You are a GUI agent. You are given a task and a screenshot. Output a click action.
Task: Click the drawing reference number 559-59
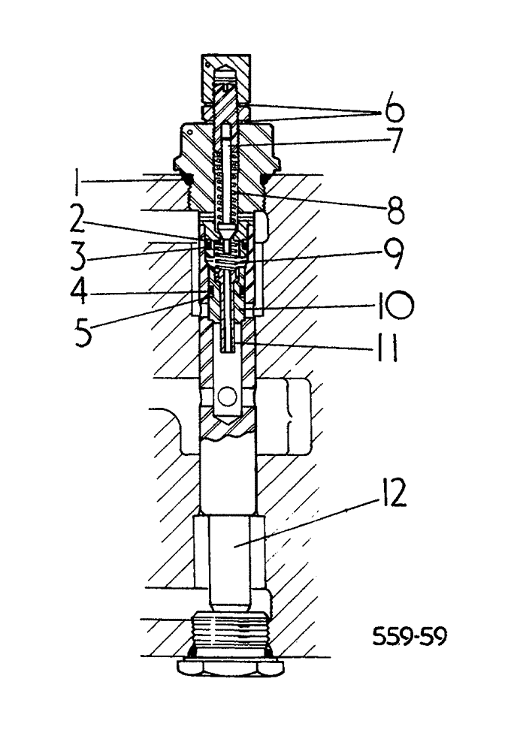pyautogui.click(x=410, y=638)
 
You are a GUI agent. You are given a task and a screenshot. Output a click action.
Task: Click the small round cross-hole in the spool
pyautogui.click(x=226, y=393)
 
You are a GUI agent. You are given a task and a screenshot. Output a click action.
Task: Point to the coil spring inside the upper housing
pyautogui.click(x=228, y=184)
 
